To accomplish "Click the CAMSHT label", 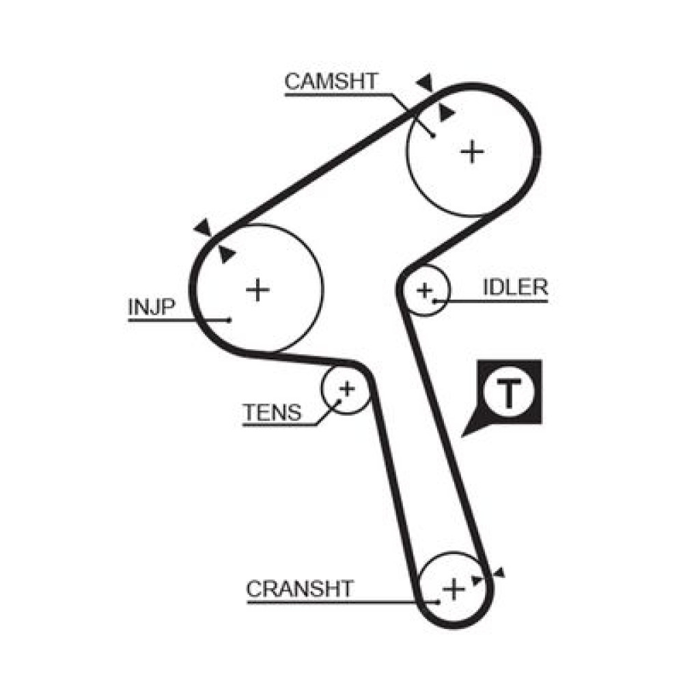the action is tap(331, 81).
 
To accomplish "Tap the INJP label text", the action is tap(152, 307).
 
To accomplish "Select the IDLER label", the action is tap(515, 287).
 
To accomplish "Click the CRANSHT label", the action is tap(300, 589).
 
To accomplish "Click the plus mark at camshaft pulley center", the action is tap(472, 152).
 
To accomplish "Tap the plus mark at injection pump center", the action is tap(258, 290).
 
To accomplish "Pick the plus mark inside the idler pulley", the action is tap(425, 290).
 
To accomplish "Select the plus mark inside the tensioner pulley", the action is tap(347, 389).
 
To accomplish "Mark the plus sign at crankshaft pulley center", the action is tap(454, 589).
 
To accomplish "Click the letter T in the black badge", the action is tap(508, 393).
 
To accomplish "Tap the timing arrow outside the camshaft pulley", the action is tap(425, 82).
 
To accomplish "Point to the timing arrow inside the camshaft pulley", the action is tap(445, 113).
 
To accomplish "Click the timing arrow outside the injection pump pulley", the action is tap(203, 227).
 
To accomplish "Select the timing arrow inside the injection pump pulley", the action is tap(225, 254).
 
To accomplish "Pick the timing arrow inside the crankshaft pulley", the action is tap(477, 580).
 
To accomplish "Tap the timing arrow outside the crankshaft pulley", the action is tap(499, 572).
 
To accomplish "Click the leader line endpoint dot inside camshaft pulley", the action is tap(433, 137).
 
